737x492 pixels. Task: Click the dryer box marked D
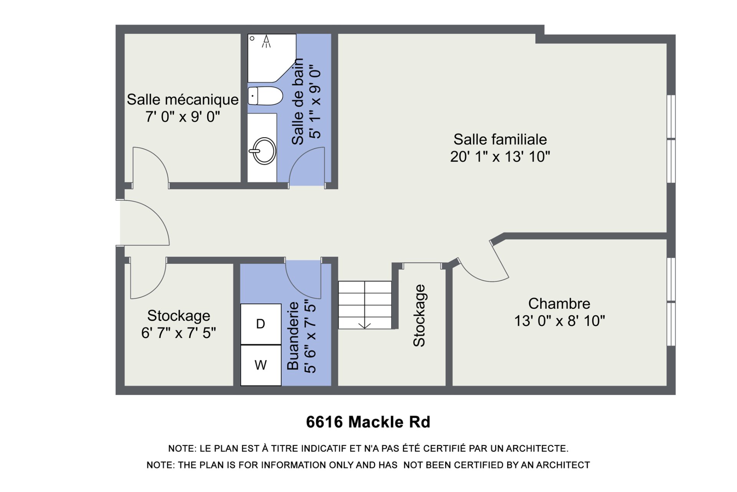pyautogui.click(x=261, y=324)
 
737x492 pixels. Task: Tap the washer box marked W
pyautogui.click(x=261, y=365)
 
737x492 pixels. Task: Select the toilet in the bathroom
pyautogui.click(x=265, y=96)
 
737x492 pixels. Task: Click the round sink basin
pyautogui.click(x=264, y=151)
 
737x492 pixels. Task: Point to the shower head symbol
pyautogui.click(x=266, y=41)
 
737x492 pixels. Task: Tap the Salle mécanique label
pyautogui.click(x=183, y=100)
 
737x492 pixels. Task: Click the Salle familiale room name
pyautogui.click(x=500, y=139)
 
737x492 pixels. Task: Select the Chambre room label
pyautogui.click(x=559, y=304)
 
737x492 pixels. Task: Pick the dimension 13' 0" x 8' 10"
pyautogui.click(x=559, y=321)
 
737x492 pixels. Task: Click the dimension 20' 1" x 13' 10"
pyautogui.click(x=500, y=156)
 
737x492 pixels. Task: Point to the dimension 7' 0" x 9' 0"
pyautogui.click(x=183, y=116)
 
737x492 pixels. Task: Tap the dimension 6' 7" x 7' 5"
pyautogui.click(x=178, y=333)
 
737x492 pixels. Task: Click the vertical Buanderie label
pyautogui.click(x=293, y=336)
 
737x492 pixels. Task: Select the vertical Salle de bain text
pyautogui.click(x=297, y=101)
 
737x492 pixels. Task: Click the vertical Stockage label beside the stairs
pyautogui.click(x=419, y=316)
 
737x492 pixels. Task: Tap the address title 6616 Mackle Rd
pyautogui.click(x=368, y=422)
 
